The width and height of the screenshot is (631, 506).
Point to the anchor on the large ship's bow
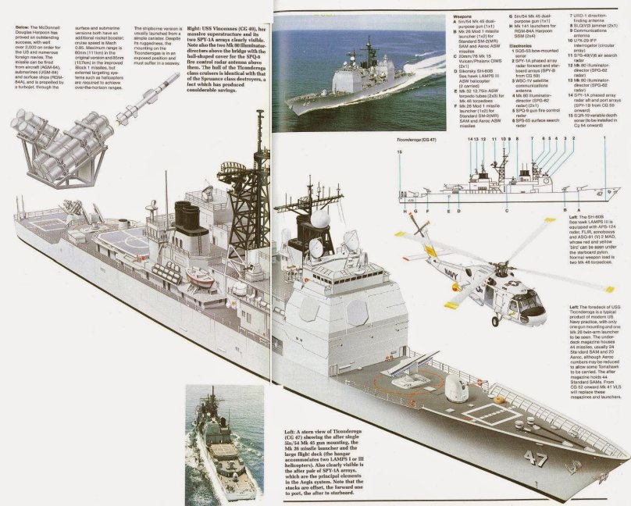coord(579,468)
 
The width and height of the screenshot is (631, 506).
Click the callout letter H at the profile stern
coord(406,210)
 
